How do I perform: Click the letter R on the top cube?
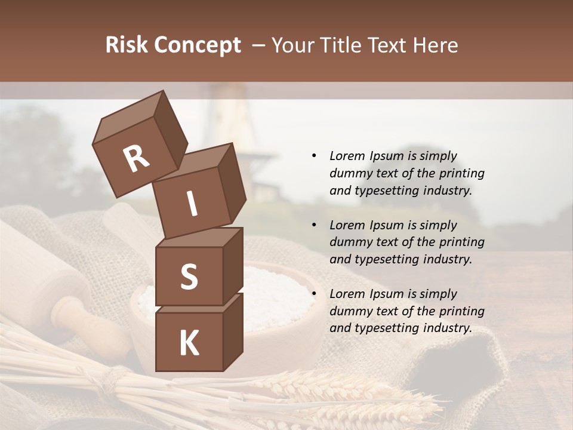136,159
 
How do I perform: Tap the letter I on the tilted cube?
192,204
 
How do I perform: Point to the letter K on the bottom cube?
189,343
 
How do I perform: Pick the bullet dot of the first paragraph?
314,156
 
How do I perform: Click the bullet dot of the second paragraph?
314,225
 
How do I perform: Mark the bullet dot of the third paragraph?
314,294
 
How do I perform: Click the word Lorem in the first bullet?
347,156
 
